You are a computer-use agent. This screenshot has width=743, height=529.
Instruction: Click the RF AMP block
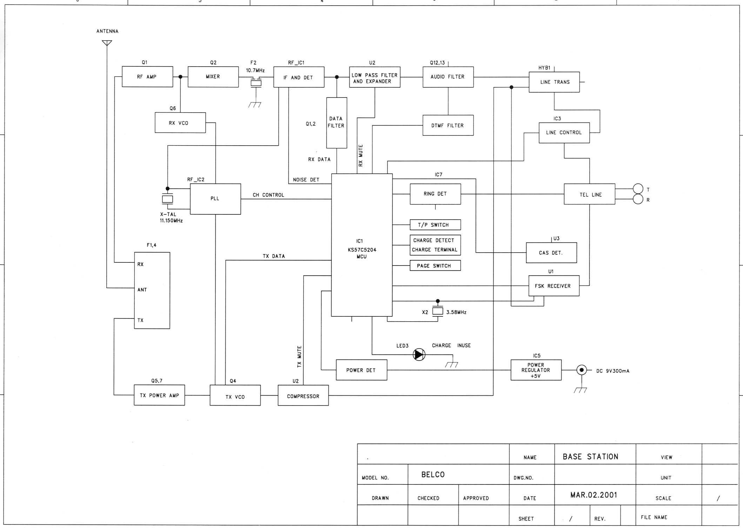[x=147, y=76]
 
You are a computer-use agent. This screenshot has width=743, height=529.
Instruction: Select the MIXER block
[x=213, y=76]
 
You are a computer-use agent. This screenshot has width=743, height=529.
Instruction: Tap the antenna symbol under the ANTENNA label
[x=107, y=43]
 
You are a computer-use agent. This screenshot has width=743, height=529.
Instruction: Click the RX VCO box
[x=180, y=122]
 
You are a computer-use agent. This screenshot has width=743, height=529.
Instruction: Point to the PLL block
[x=215, y=199]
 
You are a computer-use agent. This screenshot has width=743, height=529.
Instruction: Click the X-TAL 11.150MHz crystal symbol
[x=167, y=199]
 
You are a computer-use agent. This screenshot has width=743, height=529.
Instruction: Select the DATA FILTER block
[x=337, y=123]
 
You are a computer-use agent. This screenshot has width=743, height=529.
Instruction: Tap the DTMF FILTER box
[x=448, y=125]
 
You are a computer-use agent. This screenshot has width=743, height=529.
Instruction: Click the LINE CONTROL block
[x=564, y=133]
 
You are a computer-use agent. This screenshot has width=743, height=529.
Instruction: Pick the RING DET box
[x=435, y=194]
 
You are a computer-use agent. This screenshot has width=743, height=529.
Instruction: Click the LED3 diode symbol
[x=419, y=354]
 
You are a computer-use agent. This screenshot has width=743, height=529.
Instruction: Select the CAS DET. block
[x=551, y=253]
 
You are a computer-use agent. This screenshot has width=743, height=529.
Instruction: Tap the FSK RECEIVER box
[x=554, y=286]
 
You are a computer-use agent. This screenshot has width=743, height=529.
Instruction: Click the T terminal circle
[x=638, y=189]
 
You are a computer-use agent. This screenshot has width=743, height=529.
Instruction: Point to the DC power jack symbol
[x=582, y=370]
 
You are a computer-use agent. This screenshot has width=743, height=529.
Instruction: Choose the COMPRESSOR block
[x=303, y=395]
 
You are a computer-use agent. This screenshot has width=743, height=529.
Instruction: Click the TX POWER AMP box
[x=159, y=395]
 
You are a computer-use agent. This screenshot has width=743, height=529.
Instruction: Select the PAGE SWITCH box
[x=435, y=266]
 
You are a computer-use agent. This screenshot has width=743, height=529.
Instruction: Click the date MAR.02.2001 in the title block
[x=594, y=495]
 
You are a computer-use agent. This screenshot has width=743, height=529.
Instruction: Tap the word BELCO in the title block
[x=433, y=475]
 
